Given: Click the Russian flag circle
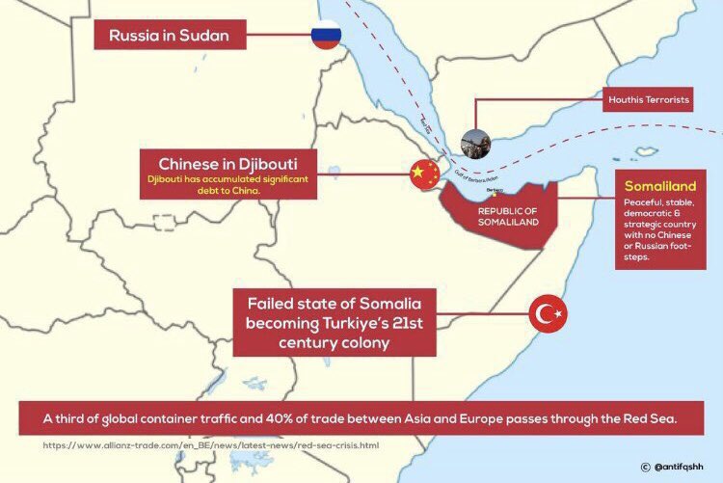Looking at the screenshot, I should click(325, 37).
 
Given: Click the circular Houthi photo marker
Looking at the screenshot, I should click(475, 145).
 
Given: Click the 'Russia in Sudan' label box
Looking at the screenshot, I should click(170, 38).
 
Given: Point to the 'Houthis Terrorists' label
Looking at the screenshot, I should click(647, 99).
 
